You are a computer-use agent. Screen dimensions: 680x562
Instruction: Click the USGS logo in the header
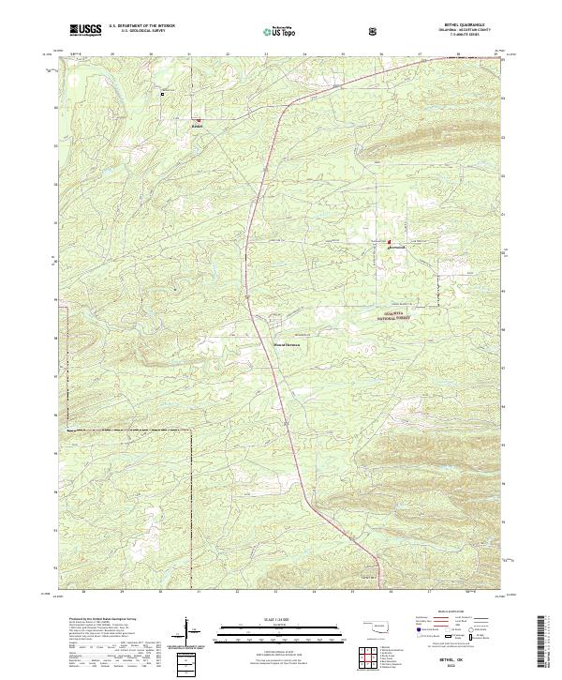coord(86,30)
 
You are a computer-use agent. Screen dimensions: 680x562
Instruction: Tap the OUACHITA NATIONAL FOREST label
coord(393,317)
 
